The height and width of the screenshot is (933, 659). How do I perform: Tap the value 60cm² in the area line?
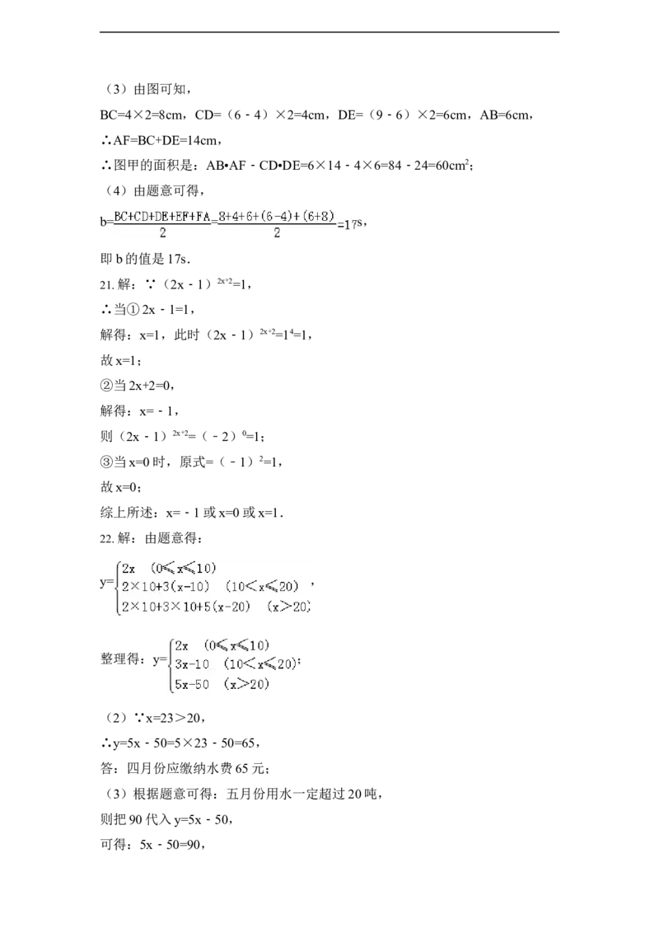pyautogui.click(x=452, y=166)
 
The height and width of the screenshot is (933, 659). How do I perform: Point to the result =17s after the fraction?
pyautogui.click(x=350, y=224)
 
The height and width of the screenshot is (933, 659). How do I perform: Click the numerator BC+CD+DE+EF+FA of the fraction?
pyautogui.click(x=162, y=217)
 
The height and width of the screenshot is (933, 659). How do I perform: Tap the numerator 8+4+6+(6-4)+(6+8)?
pyautogui.click(x=277, y=216)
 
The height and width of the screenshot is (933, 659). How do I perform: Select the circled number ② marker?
pyautogui.click(x=106, y=386)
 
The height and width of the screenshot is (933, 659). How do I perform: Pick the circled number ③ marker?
pyautogui.click(x=106, y=462)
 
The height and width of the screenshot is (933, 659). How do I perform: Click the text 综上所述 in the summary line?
pyautogui.click(x=126, y=513)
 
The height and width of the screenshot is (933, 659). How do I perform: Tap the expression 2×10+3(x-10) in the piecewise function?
pyautogui.click(x=166, y=587)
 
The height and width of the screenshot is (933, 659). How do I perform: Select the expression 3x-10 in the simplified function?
pyautogui.click(x=192, y=664)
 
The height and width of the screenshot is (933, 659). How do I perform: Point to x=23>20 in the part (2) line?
pyautogui.click(x=172, y=718)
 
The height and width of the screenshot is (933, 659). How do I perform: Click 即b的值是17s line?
pyautogui.click(x=145, y=260)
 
